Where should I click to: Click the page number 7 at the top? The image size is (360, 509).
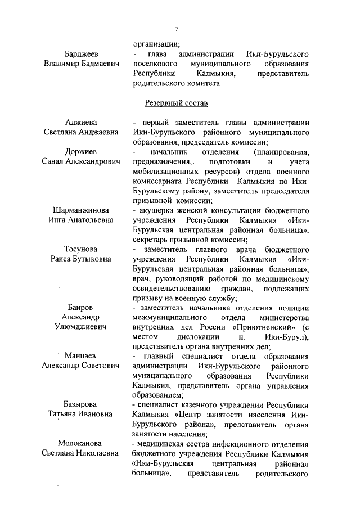pyautogui.click(x=176, y=29)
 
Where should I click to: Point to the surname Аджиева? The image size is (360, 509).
pyautogui.click(x=82, y=123)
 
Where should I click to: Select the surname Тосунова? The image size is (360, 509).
pyautogui.click(x=82, y=249)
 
